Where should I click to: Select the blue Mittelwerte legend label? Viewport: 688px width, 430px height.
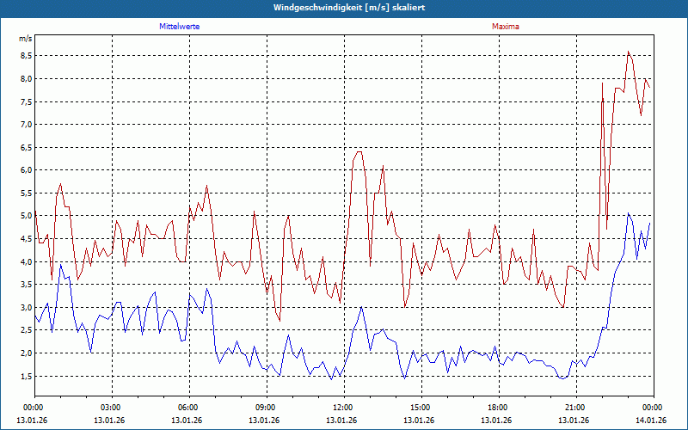click(x=179, y=27)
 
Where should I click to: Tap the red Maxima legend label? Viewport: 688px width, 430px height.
click(x=506, y=27)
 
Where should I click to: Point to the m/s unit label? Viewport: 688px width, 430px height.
click(x=25, y=39)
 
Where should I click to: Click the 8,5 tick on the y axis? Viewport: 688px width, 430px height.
click(x=26, y=56)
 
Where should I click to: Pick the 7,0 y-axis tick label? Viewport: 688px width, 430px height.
click(x=26, y=125)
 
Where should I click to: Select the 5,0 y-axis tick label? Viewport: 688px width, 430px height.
click(x=26, y=216)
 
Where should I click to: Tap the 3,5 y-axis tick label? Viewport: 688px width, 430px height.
click(x=26, y=285)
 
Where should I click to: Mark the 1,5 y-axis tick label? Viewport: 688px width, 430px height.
click(x=26, y=376)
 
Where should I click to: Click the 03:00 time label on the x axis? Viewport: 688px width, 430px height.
click(x=111, y=408)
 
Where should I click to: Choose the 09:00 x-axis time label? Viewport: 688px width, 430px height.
click(x=265, y=408)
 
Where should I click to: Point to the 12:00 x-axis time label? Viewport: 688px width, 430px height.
click(x=342, y=408)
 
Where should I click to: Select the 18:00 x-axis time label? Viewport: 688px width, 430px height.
click(x=497, y=408)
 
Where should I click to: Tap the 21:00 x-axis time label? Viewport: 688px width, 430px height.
click(x=574, y=408)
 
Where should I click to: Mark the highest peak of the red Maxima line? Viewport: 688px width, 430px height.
click(x=629, y=52)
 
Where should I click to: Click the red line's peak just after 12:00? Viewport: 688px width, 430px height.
click(x=359, y=151)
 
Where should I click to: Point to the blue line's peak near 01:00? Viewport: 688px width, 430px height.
click(x=60, y=265)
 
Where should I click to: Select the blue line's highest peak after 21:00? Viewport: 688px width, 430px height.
click(x=629, y=214)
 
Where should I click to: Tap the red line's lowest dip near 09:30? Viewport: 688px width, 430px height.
click(x=279, y=320)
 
